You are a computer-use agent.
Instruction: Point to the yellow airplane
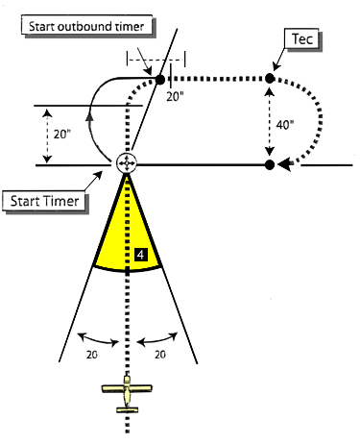(129, 394)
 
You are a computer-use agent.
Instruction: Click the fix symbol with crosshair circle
(127, 164)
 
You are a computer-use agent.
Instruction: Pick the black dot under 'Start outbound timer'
(160, 79)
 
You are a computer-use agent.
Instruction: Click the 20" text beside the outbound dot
(174, 96)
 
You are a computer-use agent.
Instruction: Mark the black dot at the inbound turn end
(270, 164)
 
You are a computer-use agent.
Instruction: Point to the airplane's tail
(128, 409)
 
